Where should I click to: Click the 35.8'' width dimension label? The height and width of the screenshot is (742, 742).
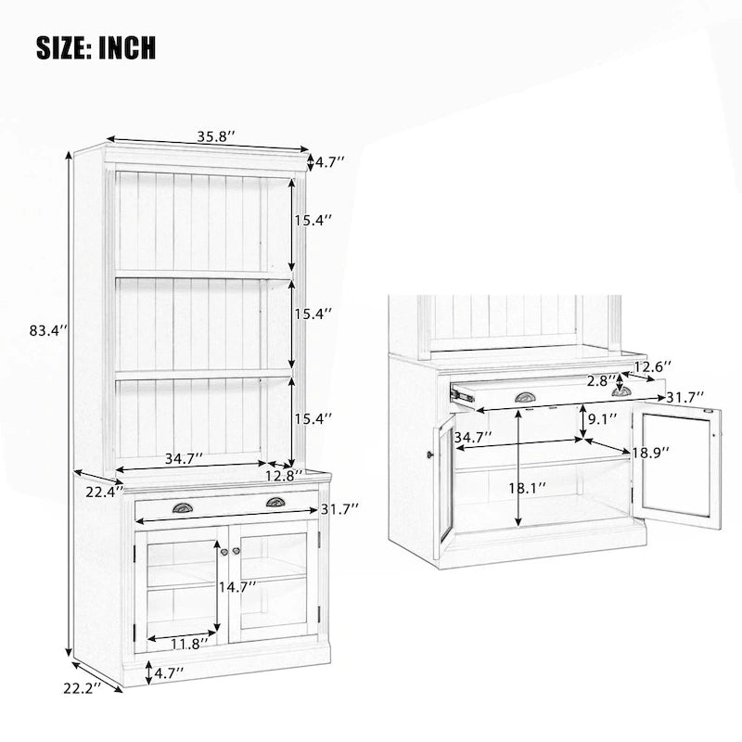pos(215,135)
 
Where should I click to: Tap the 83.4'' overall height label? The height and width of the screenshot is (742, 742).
pos(48,329)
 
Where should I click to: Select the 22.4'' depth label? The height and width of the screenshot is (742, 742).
pos(103,493)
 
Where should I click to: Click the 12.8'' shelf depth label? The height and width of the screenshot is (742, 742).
pos(283,477)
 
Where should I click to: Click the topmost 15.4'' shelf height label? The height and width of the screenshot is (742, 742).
pos(313,221)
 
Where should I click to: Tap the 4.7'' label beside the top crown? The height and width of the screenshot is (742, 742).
pos(329,162)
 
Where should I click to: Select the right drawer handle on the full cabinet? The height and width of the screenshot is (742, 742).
pos(275,503)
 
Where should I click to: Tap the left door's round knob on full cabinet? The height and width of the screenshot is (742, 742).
pos(224,552)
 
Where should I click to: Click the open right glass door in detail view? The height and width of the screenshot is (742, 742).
pos(678,468)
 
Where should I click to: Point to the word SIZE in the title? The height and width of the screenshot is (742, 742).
pos(63,46)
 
